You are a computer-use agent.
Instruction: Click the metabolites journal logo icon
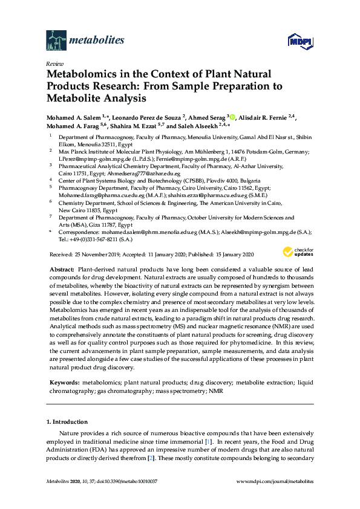[x=56, y=41]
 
